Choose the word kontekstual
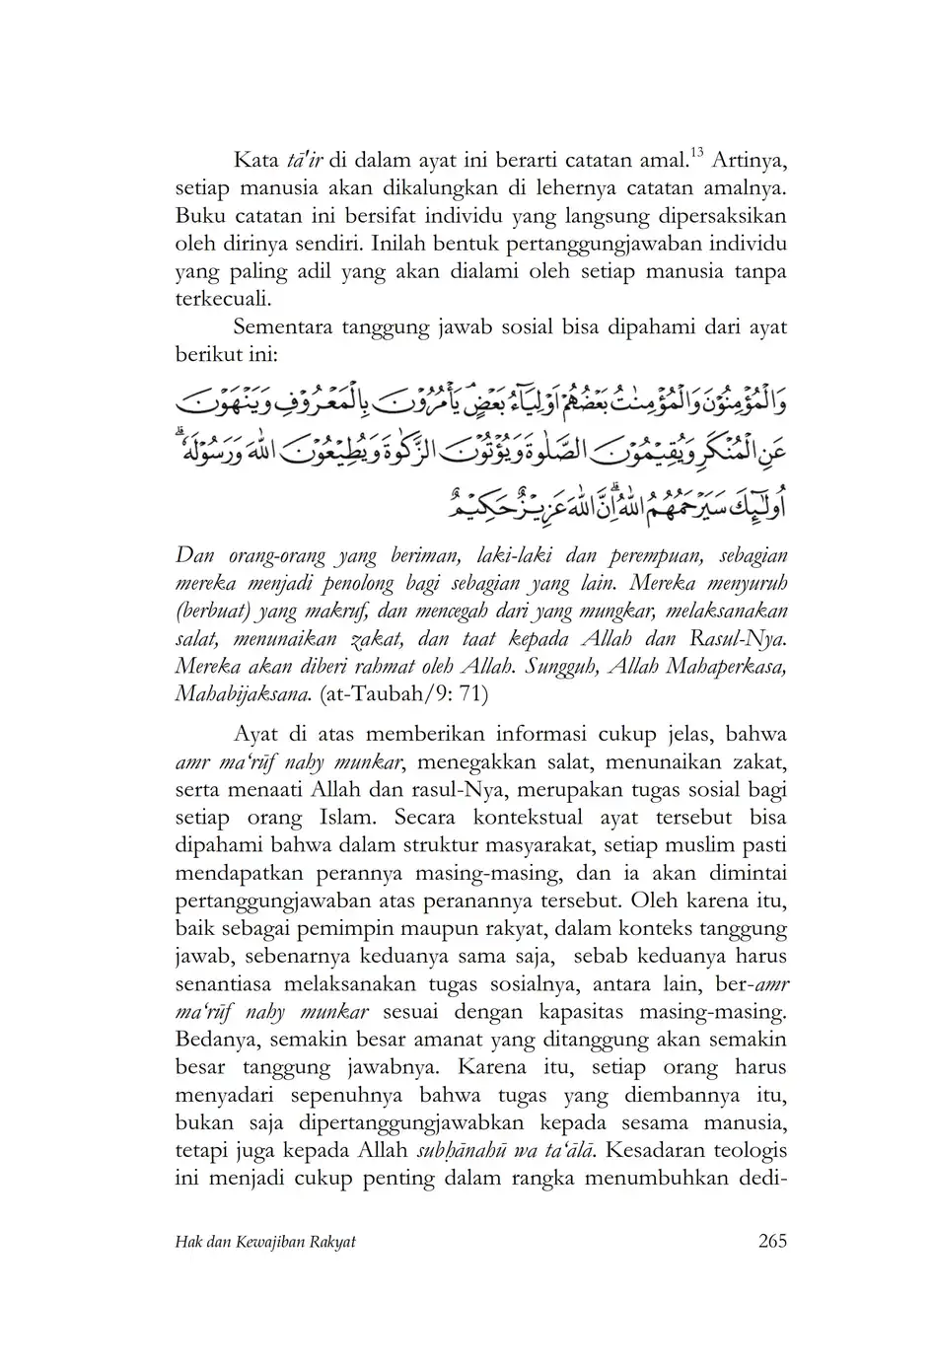click(x=525, y=818)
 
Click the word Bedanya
click(x=214, y=1039)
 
